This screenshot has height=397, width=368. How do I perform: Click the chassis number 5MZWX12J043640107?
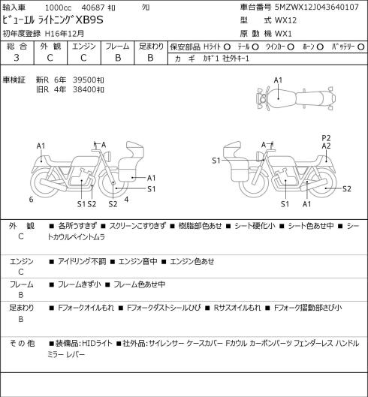coord(317,7)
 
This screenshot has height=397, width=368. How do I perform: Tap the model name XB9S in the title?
coord(89,20)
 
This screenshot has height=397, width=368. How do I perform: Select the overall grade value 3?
coord(17,58)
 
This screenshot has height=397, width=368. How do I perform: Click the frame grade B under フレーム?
coord(118,58)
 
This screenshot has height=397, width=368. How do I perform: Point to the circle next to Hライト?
coord(227,47)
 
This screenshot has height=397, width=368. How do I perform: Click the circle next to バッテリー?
coord(361,47)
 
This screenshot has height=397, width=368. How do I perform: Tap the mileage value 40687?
coord(93,8)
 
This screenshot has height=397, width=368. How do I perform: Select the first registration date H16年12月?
coord(65,34)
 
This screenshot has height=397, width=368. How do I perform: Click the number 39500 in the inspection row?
coord(84,80)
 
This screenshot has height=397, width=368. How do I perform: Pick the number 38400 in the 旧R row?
coord(84,89)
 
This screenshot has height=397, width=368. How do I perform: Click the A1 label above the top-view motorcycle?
coord(278,80)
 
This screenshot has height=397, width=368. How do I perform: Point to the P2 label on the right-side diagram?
coord(326,138)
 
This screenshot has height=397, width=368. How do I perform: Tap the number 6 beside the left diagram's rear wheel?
coord(31,200)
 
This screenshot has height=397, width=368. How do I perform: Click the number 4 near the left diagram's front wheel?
coord(126,200)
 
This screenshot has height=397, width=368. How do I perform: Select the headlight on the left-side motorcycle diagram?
coord(107,156)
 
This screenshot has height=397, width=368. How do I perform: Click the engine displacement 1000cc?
coord(58,8)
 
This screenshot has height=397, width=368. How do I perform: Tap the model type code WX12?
coord(285,20)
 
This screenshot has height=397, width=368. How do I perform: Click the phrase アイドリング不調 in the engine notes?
coord(82,261)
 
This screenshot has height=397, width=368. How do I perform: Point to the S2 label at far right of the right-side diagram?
coord(347,189)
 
